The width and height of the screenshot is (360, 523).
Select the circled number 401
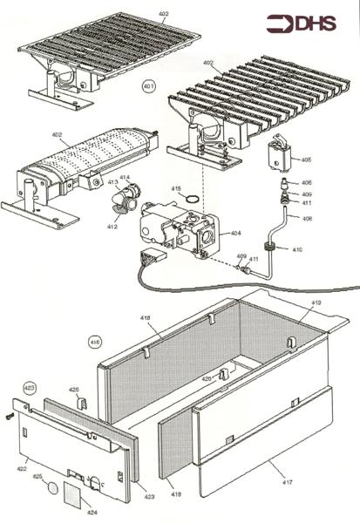(148, 87)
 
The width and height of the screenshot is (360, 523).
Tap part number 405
(306, 160)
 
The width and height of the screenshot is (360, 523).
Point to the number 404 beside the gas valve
(236, 234)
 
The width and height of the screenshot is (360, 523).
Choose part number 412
(112, 227)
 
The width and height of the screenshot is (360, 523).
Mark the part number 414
(125, 178)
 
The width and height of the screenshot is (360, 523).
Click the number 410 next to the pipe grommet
(297, 250)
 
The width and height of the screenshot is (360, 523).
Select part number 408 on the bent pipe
(307, 218)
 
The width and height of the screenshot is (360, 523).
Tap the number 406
(306, 182)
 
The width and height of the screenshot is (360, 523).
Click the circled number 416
(95, 341)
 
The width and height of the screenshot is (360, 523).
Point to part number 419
(316, 302)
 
